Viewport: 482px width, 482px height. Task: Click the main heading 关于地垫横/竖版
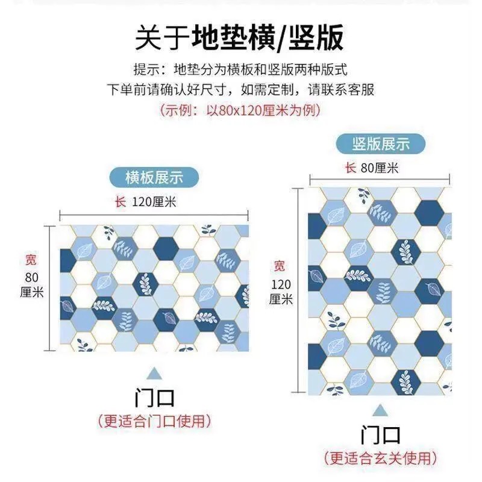tap(240, 37)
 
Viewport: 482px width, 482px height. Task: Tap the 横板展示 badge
tap(154, 177)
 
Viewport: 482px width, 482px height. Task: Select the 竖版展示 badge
tap(380, 143)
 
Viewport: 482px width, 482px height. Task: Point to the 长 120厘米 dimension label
tap(145, 201)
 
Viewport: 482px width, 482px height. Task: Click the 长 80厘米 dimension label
tap(372, 168)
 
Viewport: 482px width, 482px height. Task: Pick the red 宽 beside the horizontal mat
tap(30, 260)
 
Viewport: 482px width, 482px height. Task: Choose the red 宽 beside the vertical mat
tap(279, 266)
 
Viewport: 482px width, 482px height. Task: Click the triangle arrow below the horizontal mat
tap(155, 372)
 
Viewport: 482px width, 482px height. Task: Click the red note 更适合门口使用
tap(155, 420)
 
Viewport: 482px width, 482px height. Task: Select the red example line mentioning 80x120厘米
tap(240, 110)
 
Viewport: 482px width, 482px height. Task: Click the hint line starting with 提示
tap(240, 69)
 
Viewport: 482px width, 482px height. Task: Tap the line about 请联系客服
tap(240, 90)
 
